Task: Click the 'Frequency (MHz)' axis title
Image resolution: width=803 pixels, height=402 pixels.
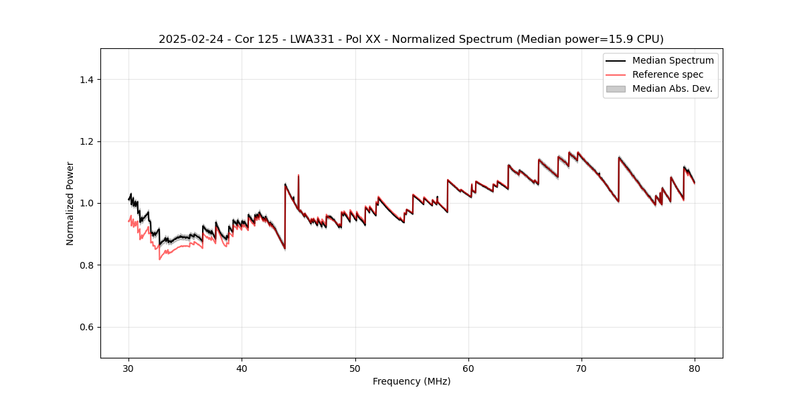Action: tap(412, 381)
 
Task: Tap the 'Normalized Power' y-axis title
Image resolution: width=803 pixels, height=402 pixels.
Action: tap(70, 203)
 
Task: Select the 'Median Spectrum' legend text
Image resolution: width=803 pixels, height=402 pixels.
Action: tap(673, 60)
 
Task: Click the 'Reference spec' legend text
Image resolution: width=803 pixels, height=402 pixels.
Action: tap(668, 74)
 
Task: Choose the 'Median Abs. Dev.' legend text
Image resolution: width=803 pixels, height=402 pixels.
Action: tap(672, 88)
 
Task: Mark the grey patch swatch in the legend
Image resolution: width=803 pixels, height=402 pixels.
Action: tap(616, 88)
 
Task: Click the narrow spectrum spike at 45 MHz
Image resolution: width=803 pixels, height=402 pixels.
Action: tap(298, 176)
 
